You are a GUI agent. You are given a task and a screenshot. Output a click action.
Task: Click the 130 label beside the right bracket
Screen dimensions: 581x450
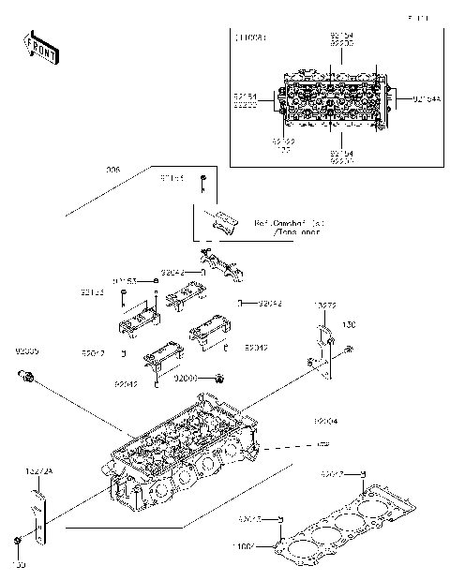[x=349, y=326]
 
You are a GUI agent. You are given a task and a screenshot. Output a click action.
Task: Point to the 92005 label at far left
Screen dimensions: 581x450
[x=26, y=351]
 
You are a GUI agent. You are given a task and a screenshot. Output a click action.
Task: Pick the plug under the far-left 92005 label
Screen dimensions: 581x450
[x=27, y=377]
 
